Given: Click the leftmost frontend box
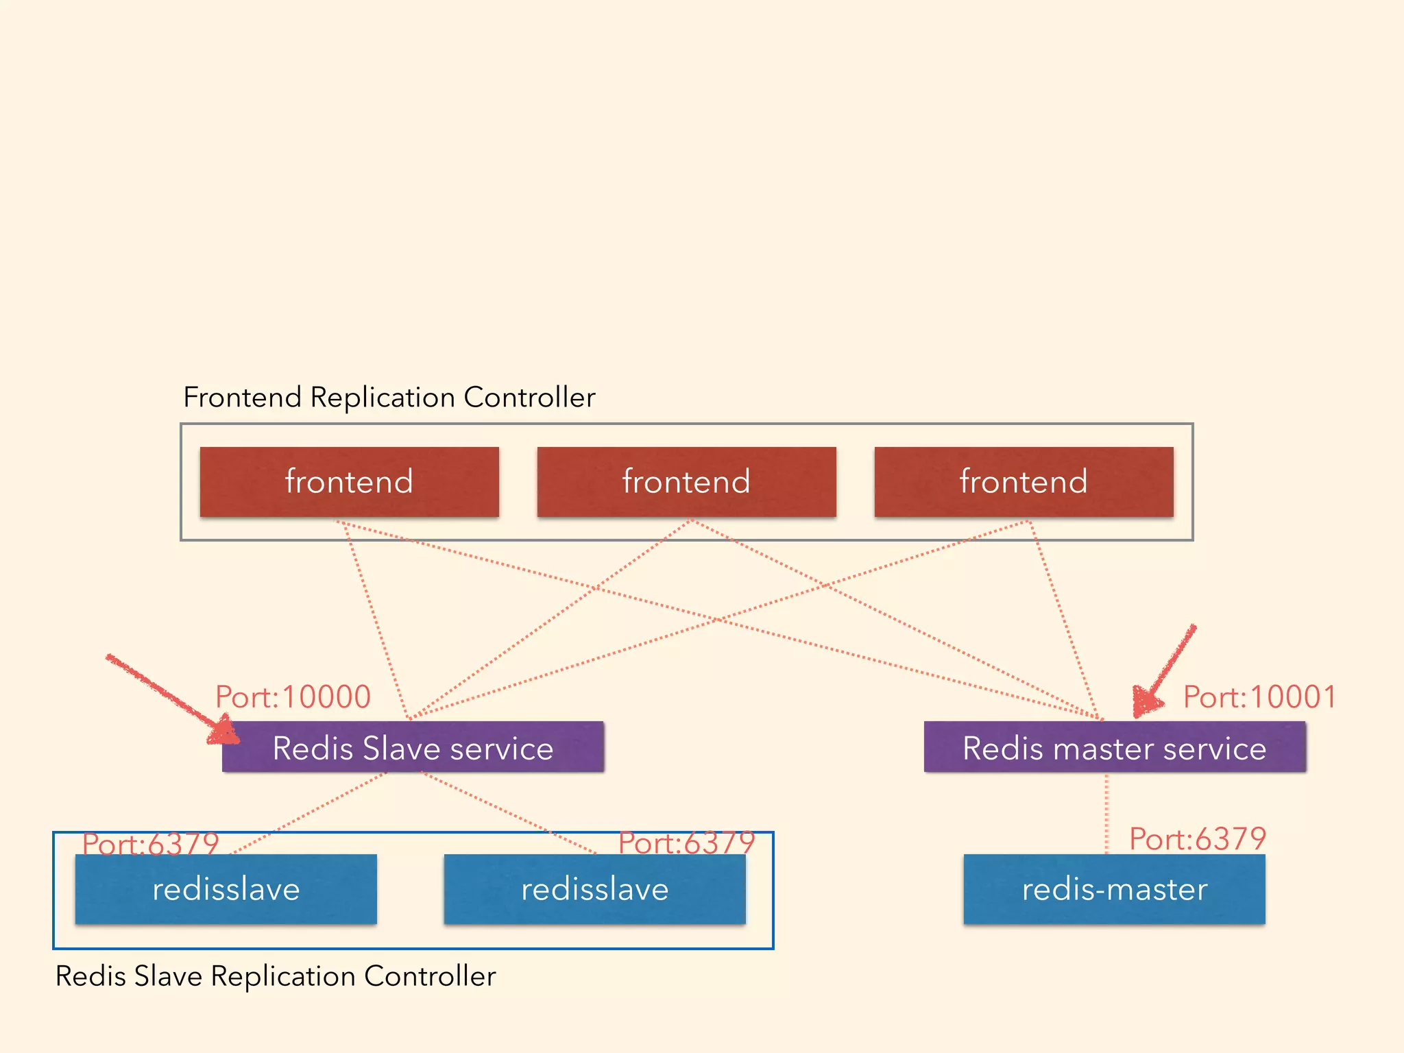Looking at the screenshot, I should point(349,481).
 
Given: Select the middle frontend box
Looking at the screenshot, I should point(686,481).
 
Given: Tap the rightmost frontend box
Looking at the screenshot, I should point(1024,481).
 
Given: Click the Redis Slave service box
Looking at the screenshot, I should point(413,747).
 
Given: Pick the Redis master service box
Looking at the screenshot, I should point(1115,747).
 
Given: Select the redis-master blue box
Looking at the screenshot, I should point(1114,889).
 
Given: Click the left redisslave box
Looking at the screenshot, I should point(226,889).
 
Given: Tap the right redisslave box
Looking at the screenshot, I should point(594,889).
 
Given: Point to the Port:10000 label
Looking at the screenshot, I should point(293,697).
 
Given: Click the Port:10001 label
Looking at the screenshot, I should point(1260,697).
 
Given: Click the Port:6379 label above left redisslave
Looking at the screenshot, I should point(150,844).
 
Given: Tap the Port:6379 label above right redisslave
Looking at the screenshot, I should point(686,843).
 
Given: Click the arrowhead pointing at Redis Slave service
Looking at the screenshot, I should point(223,731).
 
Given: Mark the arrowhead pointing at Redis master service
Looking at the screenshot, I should point(1145,701).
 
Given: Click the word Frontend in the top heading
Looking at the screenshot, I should point(242,398).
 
